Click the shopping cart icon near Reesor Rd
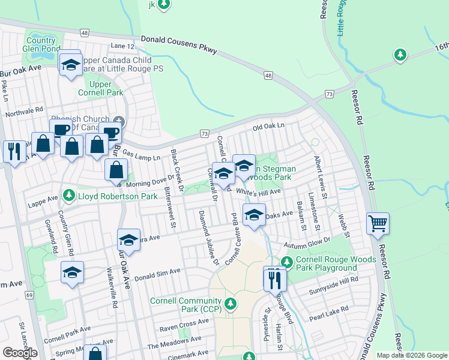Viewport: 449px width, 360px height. coord(378,224)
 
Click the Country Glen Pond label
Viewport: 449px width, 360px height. coord(41,44)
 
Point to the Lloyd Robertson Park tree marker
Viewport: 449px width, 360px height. coord(69,195)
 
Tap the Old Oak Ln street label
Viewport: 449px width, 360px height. coord(268,127)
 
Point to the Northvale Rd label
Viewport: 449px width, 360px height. coord(25,112)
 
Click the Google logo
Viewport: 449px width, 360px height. coord(20,353)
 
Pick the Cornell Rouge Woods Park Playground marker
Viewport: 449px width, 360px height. coord(286,262)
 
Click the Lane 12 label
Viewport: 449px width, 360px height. coord(122,46)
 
